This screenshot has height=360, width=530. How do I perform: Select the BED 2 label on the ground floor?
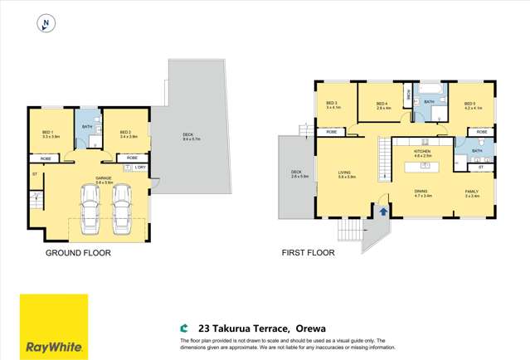[x=126, y=133]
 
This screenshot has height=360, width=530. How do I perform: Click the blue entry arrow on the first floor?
[x=383, y=212]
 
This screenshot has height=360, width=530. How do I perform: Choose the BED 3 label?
[x=330, y=103]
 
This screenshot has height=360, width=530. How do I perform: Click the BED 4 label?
[x=382, y=103]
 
